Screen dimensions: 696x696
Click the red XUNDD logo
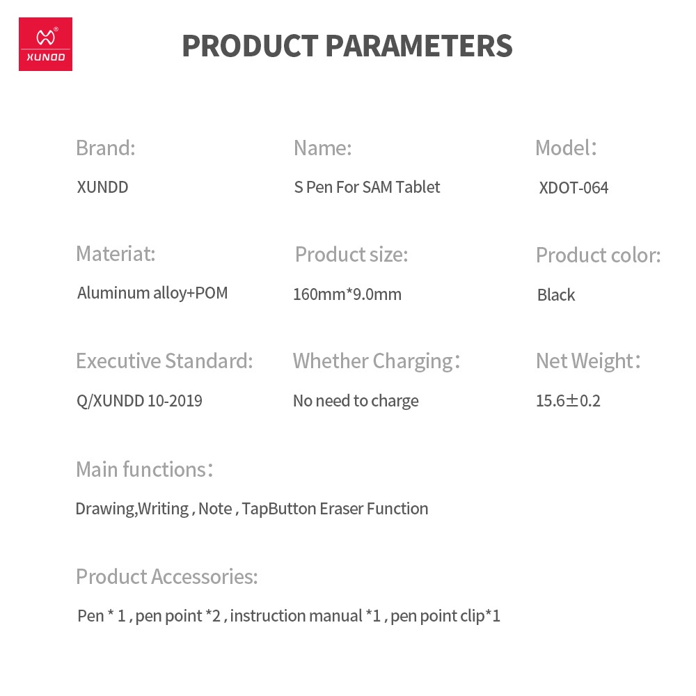(x=45, y=44)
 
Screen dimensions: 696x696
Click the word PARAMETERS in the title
(x=419, y=46)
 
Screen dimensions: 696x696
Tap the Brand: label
(x=106, y=148)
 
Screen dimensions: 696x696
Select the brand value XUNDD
(x=102, y=187)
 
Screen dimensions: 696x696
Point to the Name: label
(x=323, y=148)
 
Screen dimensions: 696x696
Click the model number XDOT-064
(x=574, y=188)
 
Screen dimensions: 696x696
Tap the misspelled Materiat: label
(x=116, y=254)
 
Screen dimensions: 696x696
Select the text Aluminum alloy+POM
(x=152, y=293)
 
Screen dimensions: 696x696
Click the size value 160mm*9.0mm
(x=347, y=294)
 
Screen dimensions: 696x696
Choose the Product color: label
(x=599, y=255)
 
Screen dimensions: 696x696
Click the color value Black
(x=556, y=294)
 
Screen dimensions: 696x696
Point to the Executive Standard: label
(x=164, y=361)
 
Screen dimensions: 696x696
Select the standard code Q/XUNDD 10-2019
(x=139, y=401)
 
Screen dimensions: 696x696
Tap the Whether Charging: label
(x=377, y=361)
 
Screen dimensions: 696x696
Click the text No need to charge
(x=356, y=401)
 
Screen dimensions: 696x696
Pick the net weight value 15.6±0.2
(x=568, y=401)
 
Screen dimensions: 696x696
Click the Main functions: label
(x=145, y=469)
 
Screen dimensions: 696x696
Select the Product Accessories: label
(x=167, y=576)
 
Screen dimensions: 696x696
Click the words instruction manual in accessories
(x=296, y=616)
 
